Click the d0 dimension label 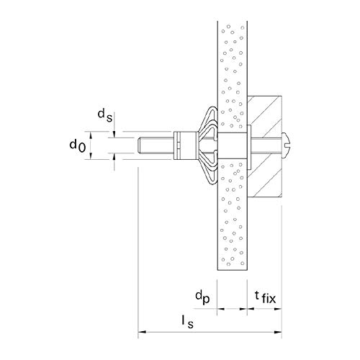77,146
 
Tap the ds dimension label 105,115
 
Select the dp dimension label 202,297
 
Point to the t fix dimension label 265,297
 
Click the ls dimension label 187,322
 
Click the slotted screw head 287,145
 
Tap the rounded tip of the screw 139,145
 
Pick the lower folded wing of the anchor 208,170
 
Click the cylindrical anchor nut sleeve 186,145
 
